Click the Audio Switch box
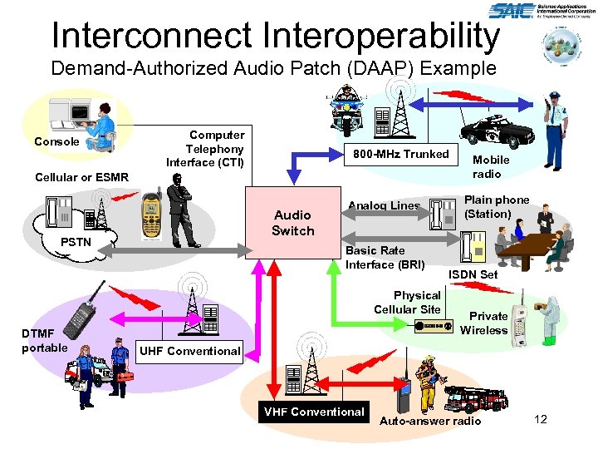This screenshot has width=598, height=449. (292, 223)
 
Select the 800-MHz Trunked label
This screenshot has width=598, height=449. (400, 154)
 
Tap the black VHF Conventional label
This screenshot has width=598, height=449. (314, 412)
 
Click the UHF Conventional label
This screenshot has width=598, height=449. (189, 351)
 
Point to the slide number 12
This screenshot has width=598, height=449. (541, 419)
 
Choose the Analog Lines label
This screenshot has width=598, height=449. (384, 205)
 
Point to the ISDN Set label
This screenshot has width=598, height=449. (473, 274)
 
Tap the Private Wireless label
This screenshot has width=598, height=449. (484, 323)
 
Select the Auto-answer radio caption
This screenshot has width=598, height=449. (429, 422)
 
